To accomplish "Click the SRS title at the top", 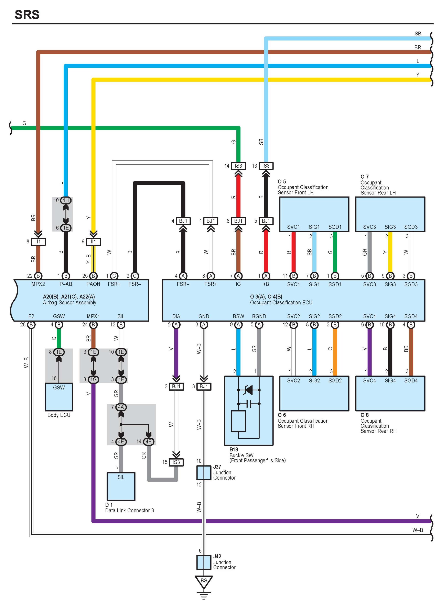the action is [x=27, y=15].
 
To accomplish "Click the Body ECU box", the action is [x=59, y=397].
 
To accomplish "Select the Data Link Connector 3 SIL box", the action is [x=121, y=486].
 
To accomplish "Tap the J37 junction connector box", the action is [x=204, y=473].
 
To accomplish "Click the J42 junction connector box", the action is [x=204, y=562].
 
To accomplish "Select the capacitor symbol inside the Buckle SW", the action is [x=249, y=404].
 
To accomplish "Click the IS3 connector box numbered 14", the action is [x=238, y=166].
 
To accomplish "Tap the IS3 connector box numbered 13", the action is [x=266, y=166].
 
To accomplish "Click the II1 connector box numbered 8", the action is [x=38, y=242].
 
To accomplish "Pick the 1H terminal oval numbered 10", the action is [x=66, y=200].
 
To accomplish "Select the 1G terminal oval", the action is [x=93, y=379].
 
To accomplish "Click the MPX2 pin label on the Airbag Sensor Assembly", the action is [x=38, y=284].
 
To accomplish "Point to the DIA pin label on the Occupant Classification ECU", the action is [x=176, y=316].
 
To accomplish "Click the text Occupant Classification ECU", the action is [x=281, y=302].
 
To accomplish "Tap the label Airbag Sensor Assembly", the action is [x=69, y=302].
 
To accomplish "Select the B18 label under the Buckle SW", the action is [x=234, y=449].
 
